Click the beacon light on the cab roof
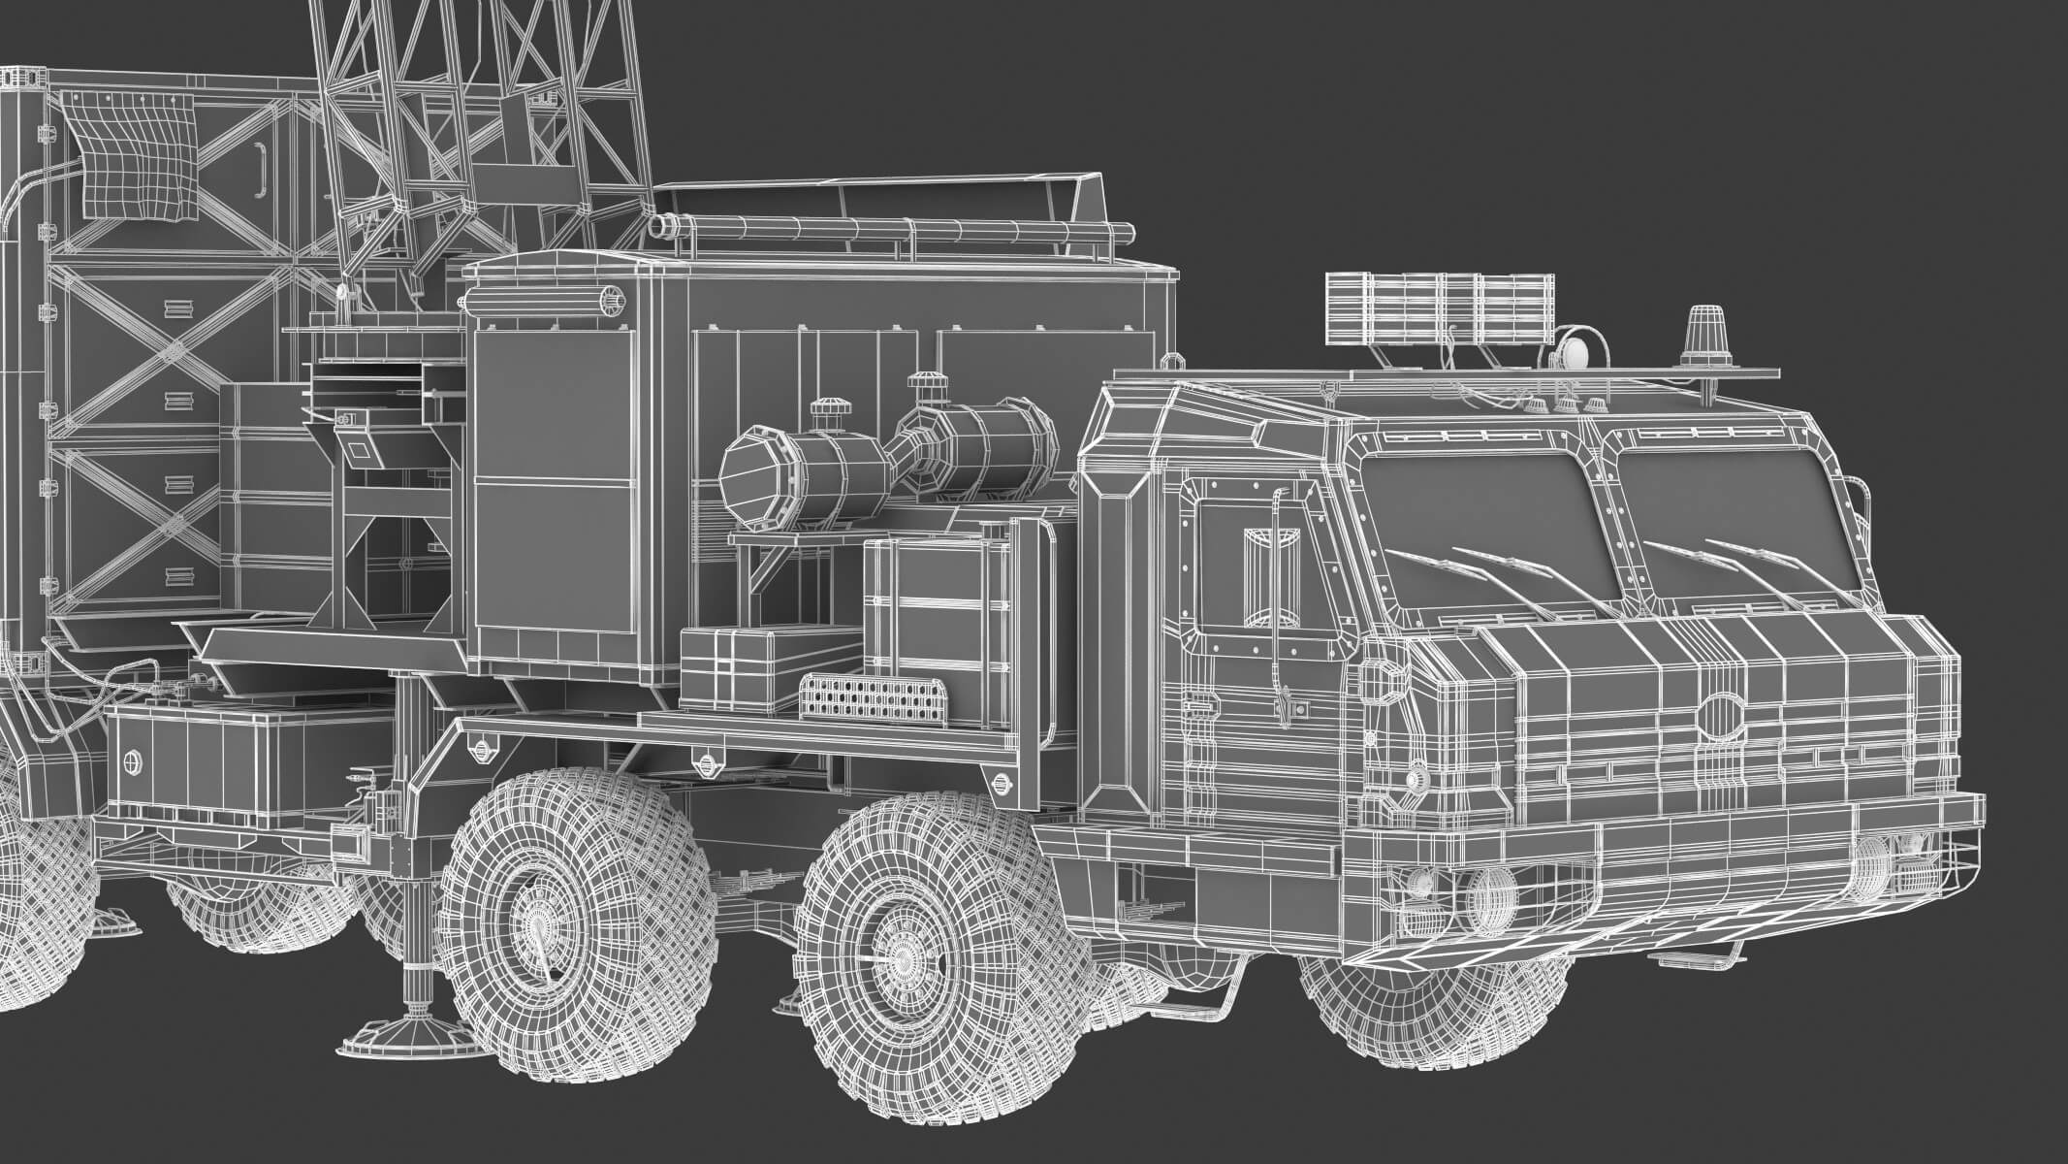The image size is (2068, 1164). click(x=1703, y=337)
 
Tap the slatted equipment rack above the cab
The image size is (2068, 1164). click(x=1439, y=307)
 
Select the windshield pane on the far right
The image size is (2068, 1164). click(x=1735, y=524)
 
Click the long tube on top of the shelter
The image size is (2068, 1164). click(x=892, y=230)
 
